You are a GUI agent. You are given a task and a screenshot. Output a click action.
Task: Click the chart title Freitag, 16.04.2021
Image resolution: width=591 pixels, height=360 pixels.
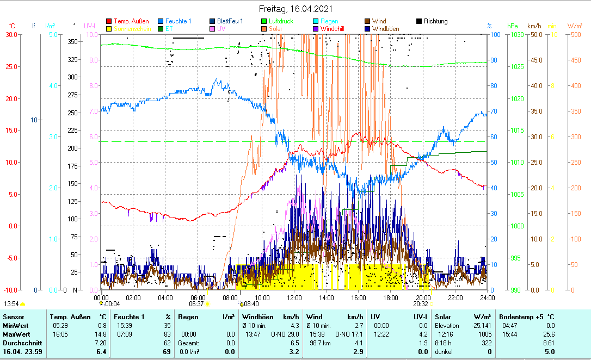point(295,9)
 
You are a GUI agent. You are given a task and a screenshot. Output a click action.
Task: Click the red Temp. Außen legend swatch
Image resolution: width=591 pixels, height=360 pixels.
point(109,21)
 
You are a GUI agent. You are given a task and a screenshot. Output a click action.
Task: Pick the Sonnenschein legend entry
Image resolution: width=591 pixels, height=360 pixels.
point(133,28)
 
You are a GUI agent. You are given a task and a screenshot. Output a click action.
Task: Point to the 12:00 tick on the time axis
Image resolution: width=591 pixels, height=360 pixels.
point(294,297)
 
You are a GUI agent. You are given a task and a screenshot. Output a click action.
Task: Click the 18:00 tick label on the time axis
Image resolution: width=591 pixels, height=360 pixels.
point(391,297)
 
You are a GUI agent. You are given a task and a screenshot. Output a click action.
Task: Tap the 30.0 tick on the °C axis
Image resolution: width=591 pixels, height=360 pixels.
point(11,34)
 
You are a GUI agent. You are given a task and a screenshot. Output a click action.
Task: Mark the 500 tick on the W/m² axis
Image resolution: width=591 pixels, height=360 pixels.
point(575,34)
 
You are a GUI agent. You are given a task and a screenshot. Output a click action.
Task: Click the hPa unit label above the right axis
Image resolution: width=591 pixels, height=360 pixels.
point(513,26)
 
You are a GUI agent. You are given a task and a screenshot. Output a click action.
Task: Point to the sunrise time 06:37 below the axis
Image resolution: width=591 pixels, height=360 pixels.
point(197,304)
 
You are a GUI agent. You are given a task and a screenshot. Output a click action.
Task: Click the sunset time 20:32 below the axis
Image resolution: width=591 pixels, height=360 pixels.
point(422,304)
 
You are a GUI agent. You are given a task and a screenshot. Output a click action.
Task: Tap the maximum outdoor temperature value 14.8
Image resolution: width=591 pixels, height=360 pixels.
point(100,334)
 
